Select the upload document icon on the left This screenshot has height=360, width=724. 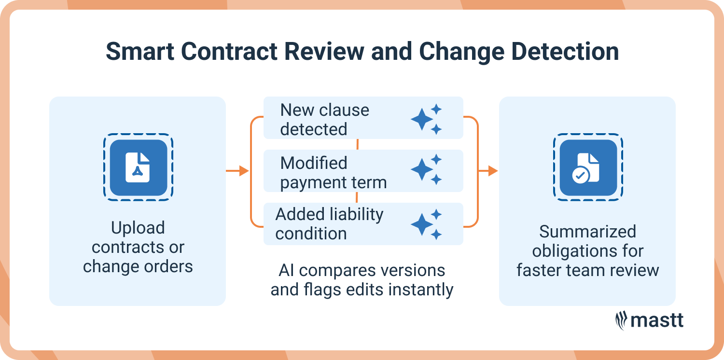tap(138, 167)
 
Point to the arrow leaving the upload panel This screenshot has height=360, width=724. tap(237, 171)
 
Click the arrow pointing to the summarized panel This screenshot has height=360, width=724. tap(487, 171)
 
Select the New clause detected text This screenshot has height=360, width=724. tap(324, 120)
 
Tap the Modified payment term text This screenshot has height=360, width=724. tap(333, 173)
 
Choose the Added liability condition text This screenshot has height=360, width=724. tap(329, 223)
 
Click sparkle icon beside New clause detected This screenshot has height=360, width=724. tap(426, 119)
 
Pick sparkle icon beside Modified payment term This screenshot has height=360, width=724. tap(426, 170)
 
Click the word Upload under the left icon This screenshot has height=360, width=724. tap(138, 228)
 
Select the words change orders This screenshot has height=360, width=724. tap(138, 266)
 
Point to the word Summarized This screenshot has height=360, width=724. tap(587, 232)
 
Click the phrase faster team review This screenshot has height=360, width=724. tap(587, 270)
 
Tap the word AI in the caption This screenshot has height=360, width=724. tap(286, 270)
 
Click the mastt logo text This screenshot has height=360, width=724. tap(657, 320)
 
